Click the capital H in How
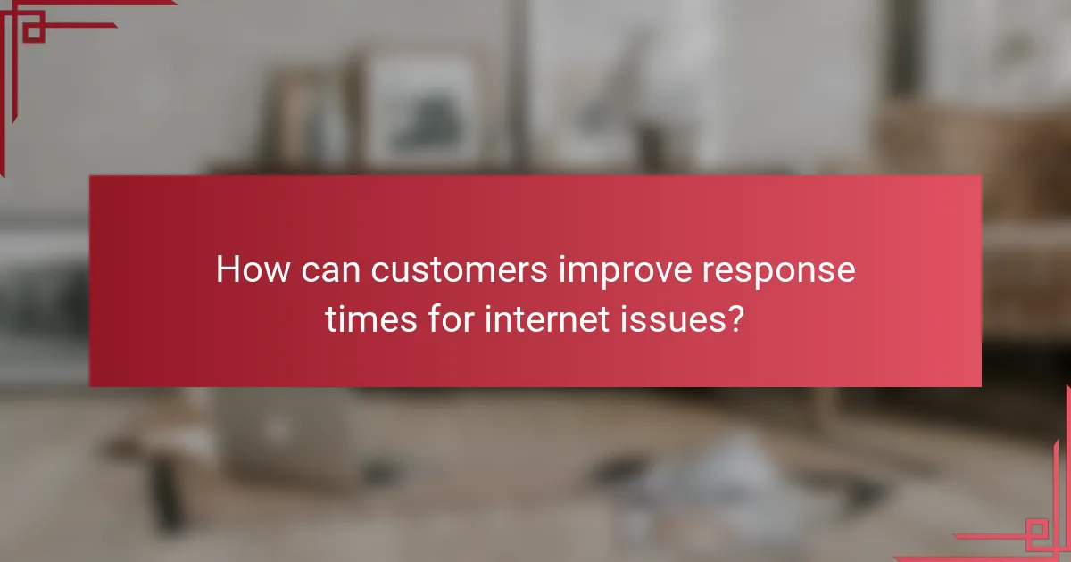[x=228, y=270]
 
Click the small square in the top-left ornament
[x=34, y=32]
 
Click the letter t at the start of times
[x=332, y=318]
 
